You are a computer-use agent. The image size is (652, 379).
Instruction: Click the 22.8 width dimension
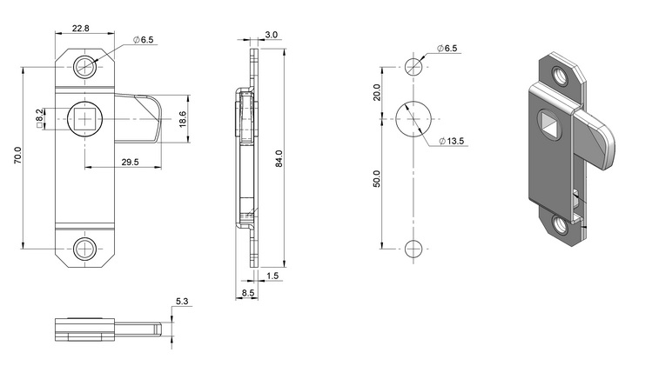(80, 28)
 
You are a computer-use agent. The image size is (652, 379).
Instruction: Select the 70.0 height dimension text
(18, 156)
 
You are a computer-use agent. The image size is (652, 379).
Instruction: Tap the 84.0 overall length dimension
(279, 158)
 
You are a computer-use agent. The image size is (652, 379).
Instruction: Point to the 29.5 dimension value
(131, 162)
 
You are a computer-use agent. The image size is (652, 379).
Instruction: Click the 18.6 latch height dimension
(183, 119)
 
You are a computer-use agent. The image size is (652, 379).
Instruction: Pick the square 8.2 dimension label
(39, 118)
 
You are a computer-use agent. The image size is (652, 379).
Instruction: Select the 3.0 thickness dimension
(271, 35)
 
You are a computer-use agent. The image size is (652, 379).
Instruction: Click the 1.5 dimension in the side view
(272, 276)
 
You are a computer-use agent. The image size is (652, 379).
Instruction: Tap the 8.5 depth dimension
(248, 292)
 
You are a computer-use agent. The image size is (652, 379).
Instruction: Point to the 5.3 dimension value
(182, 302)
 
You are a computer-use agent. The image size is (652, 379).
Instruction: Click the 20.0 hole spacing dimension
(377, 92)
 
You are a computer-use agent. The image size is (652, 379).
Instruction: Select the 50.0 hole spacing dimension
(377, 178)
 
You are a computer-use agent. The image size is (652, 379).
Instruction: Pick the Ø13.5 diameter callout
(451, 141)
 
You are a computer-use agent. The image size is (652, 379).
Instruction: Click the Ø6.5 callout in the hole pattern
(447, 48)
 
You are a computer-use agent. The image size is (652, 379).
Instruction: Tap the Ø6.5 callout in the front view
(144, 39)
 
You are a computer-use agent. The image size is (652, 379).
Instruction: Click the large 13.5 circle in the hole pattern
(413, 119)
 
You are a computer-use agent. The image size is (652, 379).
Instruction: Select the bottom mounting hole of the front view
(84, 249)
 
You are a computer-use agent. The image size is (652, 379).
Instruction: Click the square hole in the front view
(84, 119)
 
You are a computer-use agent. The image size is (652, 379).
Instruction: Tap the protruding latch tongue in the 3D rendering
(595, 137)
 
